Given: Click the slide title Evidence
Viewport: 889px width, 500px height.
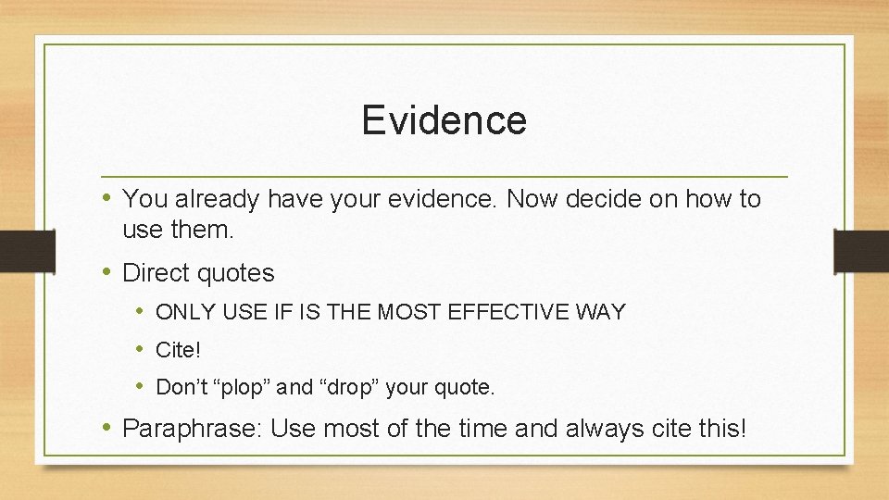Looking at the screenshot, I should point(444,120).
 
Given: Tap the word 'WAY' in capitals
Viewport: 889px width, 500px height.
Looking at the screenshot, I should point(600,313).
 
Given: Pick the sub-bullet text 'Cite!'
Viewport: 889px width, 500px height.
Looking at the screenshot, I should point(178,350).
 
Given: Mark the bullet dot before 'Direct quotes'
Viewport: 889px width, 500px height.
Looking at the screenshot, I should point(108,272).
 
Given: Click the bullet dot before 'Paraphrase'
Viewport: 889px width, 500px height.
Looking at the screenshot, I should point(108,428).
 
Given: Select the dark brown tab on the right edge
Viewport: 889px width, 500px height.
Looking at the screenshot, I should point(860,250).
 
